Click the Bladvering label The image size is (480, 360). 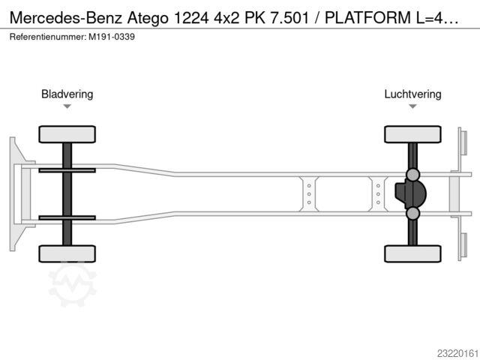pyautogui.click(x=67, y=94)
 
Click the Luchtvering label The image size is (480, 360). pyautogui.click(x=412, y=94)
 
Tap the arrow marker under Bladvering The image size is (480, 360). pyautogui.click(x=67, y=106)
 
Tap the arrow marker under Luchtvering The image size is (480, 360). pyautogui.click(x=412, y=106)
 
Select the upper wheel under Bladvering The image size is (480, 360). pyautogui.click(x=67, y=134)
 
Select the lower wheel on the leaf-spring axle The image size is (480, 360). pyautogui.click(x=67, y=253)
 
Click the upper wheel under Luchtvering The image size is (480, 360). pyautogui.click(x=412, y=134)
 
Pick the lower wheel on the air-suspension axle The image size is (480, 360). pyautogui.click(x=412, y=253)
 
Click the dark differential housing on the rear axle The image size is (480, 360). pyautogui.click(x=410, y=193)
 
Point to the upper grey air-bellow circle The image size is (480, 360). pyautogui.click(x=412, y=175)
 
